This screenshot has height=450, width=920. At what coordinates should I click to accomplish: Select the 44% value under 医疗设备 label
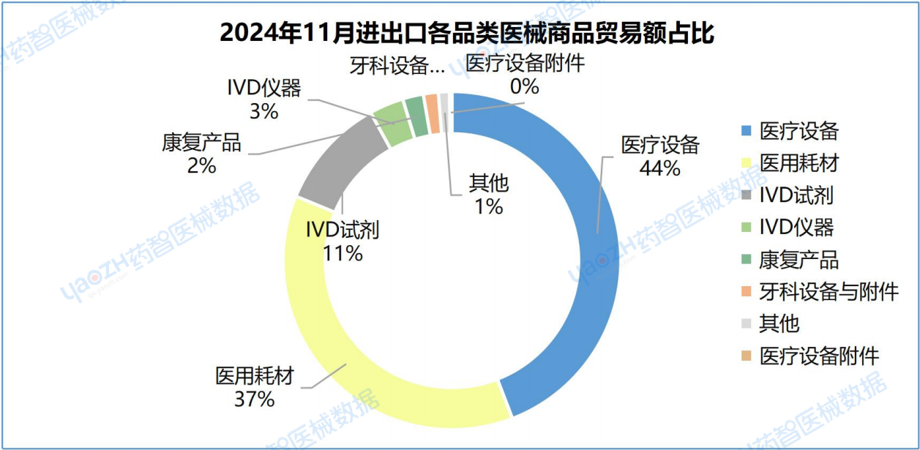click(x=660, y=168)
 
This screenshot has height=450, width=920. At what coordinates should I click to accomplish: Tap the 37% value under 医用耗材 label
click(x=254, y=400)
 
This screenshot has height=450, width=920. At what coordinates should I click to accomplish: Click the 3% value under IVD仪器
click(x=263, y=111)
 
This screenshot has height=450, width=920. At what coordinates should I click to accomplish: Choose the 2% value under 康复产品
click(x=201, y=166)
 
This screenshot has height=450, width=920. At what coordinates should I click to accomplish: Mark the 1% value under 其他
click(x=488, y=207)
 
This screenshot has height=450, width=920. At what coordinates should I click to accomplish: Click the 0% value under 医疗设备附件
click(x=525, y=86)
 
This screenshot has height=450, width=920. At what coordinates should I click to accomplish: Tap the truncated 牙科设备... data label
click(x=396, y=66)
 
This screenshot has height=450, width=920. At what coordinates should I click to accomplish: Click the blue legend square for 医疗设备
click(x=746, y=132)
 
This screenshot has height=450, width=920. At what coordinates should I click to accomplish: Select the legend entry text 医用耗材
click(x=799, y=163)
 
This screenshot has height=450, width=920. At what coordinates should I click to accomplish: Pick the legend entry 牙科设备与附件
click(x=829, y=291)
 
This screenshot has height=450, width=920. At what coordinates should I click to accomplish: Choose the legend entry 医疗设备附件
click(x=819, y=356)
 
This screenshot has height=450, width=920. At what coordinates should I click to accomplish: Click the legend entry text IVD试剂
click(x=796, y=195)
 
